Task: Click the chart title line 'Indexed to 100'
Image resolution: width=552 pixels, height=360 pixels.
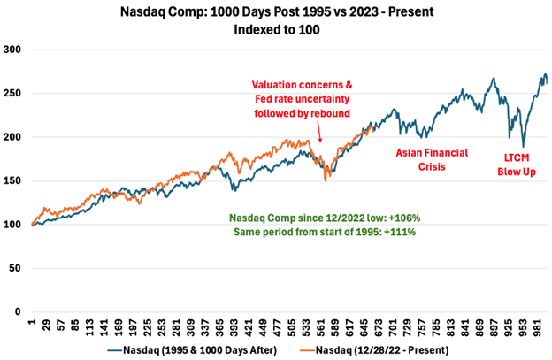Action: point(275,28)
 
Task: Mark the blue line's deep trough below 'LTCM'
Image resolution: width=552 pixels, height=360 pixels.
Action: point(524,147)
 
